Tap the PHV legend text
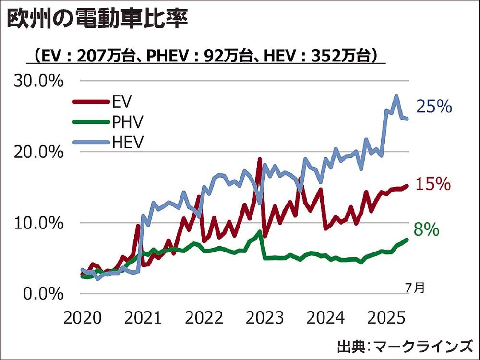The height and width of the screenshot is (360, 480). point(127,122)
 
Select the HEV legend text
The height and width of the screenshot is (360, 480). point(127,142)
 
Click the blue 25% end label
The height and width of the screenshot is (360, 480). point(434,107)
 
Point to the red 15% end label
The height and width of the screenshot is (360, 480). point(433,184)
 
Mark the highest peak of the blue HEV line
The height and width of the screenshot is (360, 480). point(396,96)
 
